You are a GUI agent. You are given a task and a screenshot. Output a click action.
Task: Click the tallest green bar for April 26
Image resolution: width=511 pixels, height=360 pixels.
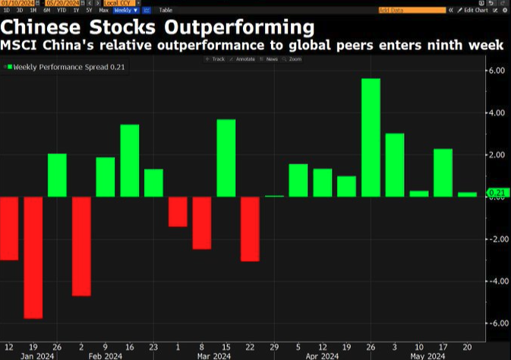pos(371,137)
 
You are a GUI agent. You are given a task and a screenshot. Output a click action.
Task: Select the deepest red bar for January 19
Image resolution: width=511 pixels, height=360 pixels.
pos(33,257)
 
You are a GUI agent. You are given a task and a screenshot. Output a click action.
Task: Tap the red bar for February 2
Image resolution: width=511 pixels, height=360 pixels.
pos(81,246)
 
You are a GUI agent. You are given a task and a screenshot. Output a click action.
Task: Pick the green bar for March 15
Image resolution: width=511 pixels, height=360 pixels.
pos(226,158)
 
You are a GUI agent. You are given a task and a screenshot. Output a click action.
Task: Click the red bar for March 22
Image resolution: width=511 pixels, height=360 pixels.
pos(250,229)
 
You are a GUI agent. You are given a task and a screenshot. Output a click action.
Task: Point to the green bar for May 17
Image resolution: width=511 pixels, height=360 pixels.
pos(443,172)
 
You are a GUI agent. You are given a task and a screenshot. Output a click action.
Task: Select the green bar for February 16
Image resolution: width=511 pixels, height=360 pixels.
pos(130,160)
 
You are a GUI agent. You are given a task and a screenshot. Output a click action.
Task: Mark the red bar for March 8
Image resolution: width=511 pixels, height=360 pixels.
pos(202,223)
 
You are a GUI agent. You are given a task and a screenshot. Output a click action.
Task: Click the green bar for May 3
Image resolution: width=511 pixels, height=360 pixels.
pos(395,165)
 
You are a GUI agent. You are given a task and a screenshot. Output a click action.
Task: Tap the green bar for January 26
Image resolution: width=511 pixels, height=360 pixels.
pos(58,175)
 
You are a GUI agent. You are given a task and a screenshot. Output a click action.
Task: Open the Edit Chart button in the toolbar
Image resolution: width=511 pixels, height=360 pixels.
pos(477,10)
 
